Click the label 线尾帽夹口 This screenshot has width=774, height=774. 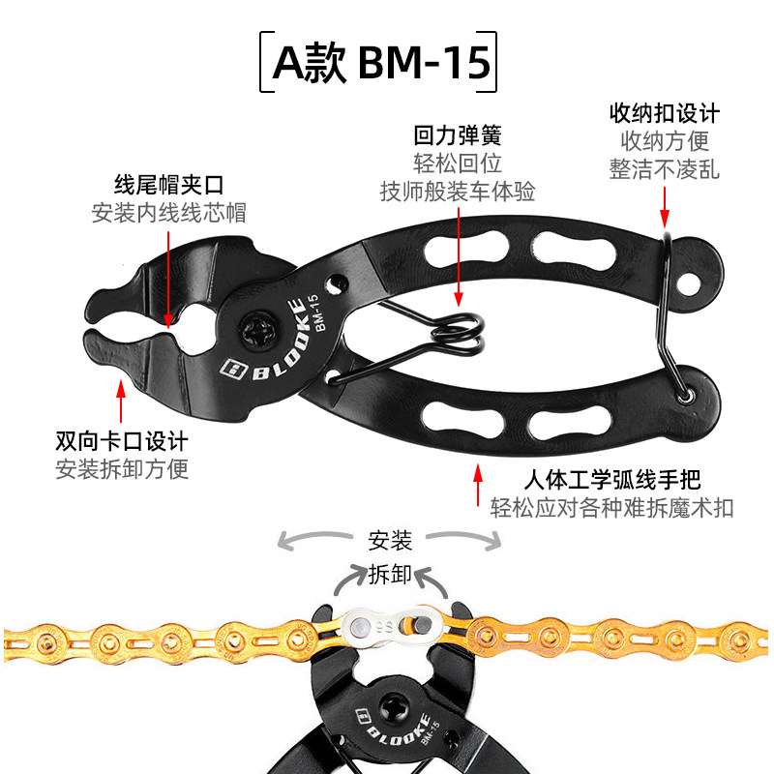point(169,183)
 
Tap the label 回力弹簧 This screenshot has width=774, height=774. point(457,135)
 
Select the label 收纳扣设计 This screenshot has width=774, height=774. point(664,113)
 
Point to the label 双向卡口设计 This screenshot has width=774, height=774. point(121,441)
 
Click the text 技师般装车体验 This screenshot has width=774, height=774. point(457,192)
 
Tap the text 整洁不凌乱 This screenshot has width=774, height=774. point(664,168)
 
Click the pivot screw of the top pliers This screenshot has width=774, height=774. point(261,334)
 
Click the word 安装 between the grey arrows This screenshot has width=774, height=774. point(391,539)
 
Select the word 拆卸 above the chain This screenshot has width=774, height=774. point(391,575)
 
